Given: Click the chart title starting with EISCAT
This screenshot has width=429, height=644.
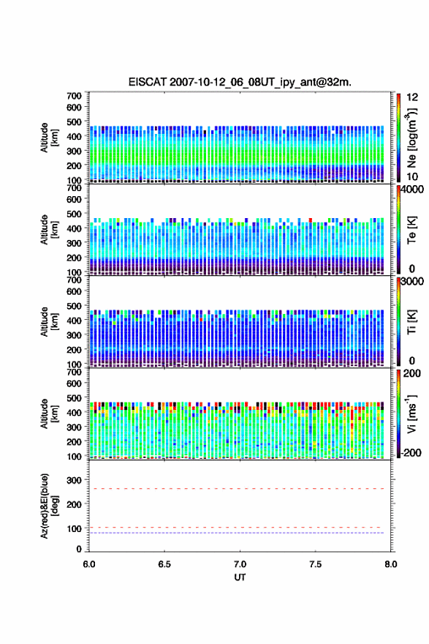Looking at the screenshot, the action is (x=240, y=82).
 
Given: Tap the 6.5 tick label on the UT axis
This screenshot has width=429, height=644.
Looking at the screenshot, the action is (x=164, y=564).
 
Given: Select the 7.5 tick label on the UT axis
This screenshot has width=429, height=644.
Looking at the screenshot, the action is (x=316, y=564).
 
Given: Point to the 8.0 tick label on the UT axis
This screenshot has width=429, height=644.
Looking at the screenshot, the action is (x=391, y=564).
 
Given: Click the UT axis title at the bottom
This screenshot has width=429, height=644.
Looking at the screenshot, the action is (x=240, y=577).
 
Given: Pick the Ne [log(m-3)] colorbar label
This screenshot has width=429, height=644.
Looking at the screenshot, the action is (x=412, y=138).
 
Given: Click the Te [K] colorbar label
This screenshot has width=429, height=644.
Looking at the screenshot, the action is (x=411, y=230).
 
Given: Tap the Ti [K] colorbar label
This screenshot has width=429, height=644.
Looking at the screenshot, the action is (x=411, y=321).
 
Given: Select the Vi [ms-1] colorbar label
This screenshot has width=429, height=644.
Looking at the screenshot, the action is (x=411, y=413).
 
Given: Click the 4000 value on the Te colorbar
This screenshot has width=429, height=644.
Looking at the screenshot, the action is (x=412, y=190).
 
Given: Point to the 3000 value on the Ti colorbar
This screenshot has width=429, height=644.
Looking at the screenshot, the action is (x=412, y=281).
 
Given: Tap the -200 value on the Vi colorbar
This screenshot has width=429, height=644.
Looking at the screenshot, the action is (x=411, y=452).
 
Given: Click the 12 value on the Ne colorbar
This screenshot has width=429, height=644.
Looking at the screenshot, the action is (x=412, y=97).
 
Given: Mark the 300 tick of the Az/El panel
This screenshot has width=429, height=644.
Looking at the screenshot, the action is (x=75, y=480).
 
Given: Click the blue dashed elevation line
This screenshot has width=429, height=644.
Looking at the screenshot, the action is (x=237, y=533).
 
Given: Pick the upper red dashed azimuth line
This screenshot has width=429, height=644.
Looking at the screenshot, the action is (x=237, y=489).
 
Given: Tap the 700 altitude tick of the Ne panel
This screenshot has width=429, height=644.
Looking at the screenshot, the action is (x=75, y=95).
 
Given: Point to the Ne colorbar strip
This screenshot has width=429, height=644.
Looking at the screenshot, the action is (x=398, y=138).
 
